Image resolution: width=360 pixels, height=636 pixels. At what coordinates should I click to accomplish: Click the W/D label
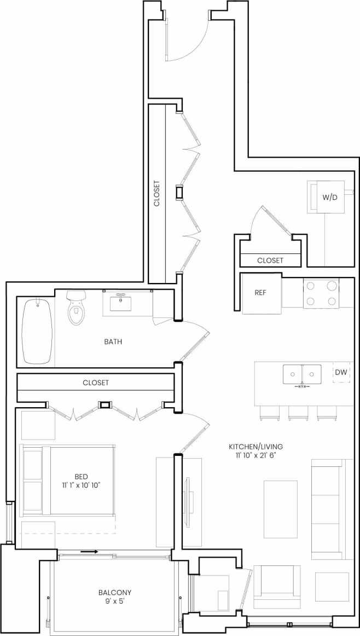pos(329,196)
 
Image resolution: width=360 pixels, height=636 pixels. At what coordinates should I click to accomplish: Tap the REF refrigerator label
pos(260,292)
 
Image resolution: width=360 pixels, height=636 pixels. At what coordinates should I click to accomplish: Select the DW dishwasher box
pos(341,372)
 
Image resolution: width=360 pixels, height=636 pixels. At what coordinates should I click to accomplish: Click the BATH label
pos(113,342)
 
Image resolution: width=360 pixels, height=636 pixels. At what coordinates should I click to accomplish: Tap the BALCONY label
pos(115,592)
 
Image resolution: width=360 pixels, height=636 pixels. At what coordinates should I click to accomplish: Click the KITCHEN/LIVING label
pos(256,447)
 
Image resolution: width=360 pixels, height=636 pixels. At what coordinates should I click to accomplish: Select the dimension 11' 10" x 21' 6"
pos(256,455)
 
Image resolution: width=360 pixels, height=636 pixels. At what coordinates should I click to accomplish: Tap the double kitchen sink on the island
pos(302,374)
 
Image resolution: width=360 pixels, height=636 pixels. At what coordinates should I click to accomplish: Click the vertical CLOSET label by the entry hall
pos(157,193)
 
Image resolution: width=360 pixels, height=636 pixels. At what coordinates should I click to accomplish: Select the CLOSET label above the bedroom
pos(96,383)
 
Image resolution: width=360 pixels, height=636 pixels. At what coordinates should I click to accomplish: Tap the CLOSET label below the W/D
pos(270,261)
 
